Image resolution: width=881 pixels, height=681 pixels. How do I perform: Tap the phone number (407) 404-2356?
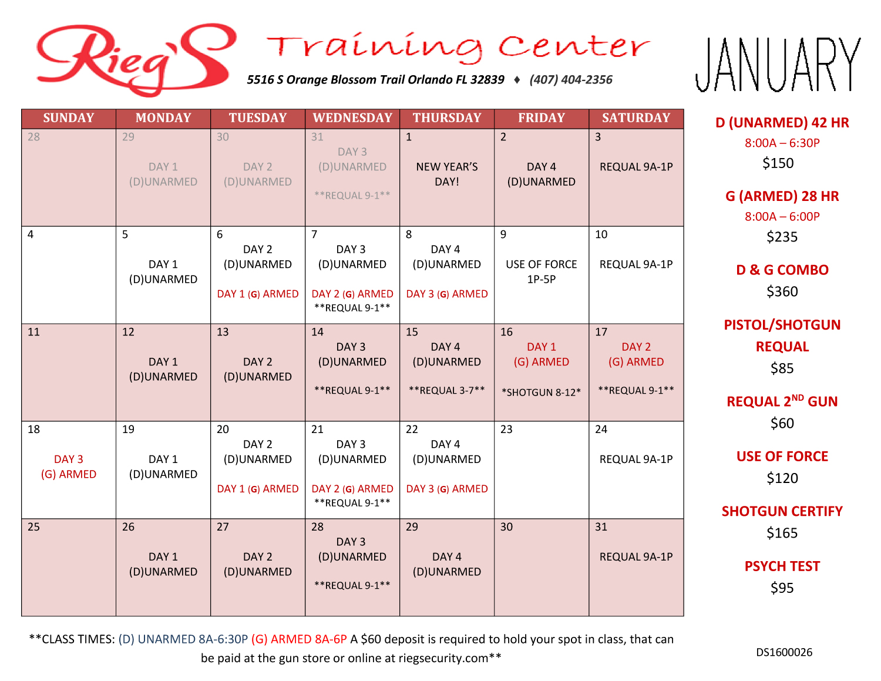tap(570, 79)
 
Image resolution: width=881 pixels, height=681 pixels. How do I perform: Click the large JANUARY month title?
tap(778, 65)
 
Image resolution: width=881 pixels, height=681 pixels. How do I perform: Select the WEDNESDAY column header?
tap(352, 118)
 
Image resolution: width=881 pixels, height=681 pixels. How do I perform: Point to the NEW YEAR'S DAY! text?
tap(447, 174)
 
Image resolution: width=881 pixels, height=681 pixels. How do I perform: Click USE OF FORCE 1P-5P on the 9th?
tap(542, 271)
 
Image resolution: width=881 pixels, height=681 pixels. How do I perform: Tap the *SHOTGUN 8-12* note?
tap(542, 393)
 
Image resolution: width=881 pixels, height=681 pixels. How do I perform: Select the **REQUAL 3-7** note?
tap(447, 390)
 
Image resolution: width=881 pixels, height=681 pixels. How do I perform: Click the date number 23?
tap(506, 429)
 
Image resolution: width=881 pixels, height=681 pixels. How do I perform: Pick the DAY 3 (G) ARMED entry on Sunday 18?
tap(69, 467)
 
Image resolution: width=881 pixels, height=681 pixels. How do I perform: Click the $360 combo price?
tap(782, 291)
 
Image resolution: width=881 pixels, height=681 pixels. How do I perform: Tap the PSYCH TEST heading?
tap(782, 566)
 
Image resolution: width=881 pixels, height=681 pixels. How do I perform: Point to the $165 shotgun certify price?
tap(782, 532)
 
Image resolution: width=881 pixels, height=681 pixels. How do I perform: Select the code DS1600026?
tap(784, 652)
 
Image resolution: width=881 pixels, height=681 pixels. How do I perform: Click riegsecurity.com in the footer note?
tap(443, 658)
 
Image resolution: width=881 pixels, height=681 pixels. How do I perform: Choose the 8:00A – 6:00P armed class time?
tap(782, 217)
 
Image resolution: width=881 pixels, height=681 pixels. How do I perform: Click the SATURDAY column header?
tap(635, 118)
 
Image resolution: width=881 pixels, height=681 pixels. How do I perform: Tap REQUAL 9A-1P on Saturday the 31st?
tap(635, 556)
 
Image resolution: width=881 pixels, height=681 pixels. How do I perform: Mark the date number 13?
tap(223, 332)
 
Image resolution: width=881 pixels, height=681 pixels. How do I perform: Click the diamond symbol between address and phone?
tap(517, 80)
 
